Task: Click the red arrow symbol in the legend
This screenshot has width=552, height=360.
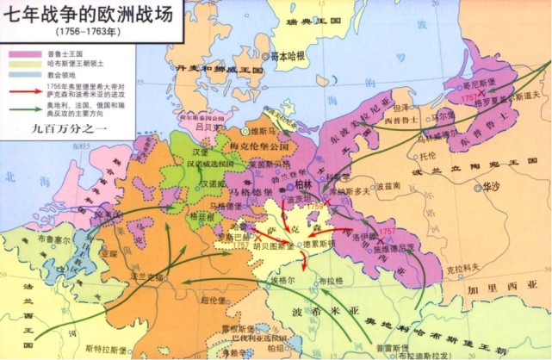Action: [x=20, y=88]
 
